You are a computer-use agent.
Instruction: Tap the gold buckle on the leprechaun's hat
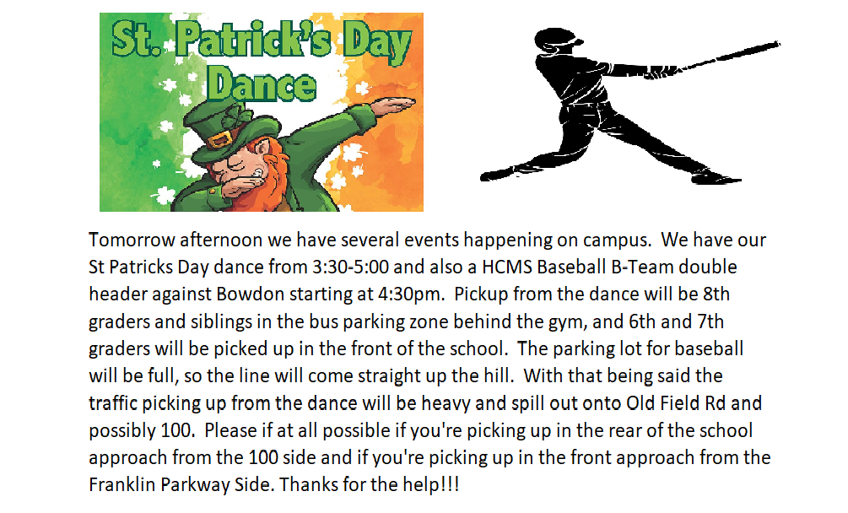pos(220,138)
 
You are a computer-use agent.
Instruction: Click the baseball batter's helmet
pos(557,40)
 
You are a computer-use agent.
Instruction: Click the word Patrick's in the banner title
pos(253,41)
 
